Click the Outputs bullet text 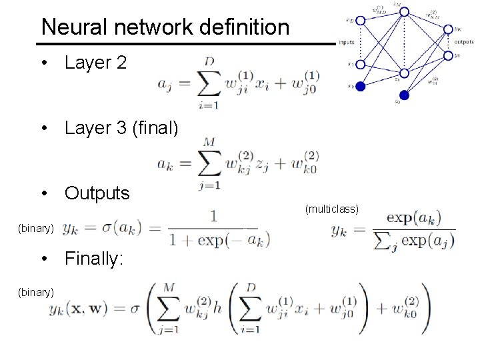pos(97,193)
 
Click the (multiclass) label pos(332,209)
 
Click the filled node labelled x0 pos(361,85)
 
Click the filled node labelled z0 pos(404,95)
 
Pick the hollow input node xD pos(361,20)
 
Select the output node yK pos(447,29)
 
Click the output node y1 pos(447,55)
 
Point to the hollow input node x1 pos(361,65)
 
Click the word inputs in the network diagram pos(347,43)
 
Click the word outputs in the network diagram pos(463,43)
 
